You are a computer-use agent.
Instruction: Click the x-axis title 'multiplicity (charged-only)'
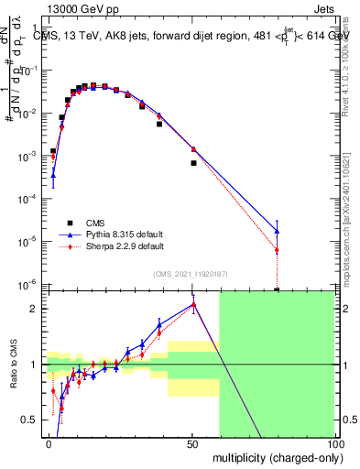click(x=273, y=456)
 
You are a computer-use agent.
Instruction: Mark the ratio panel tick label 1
click(x=35, y=365)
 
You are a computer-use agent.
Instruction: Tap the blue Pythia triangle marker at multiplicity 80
click(x=277, y=231)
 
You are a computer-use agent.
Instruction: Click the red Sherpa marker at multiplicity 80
click(x=277, y=250)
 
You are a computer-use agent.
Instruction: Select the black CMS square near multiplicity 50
click(x=193, y=163)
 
